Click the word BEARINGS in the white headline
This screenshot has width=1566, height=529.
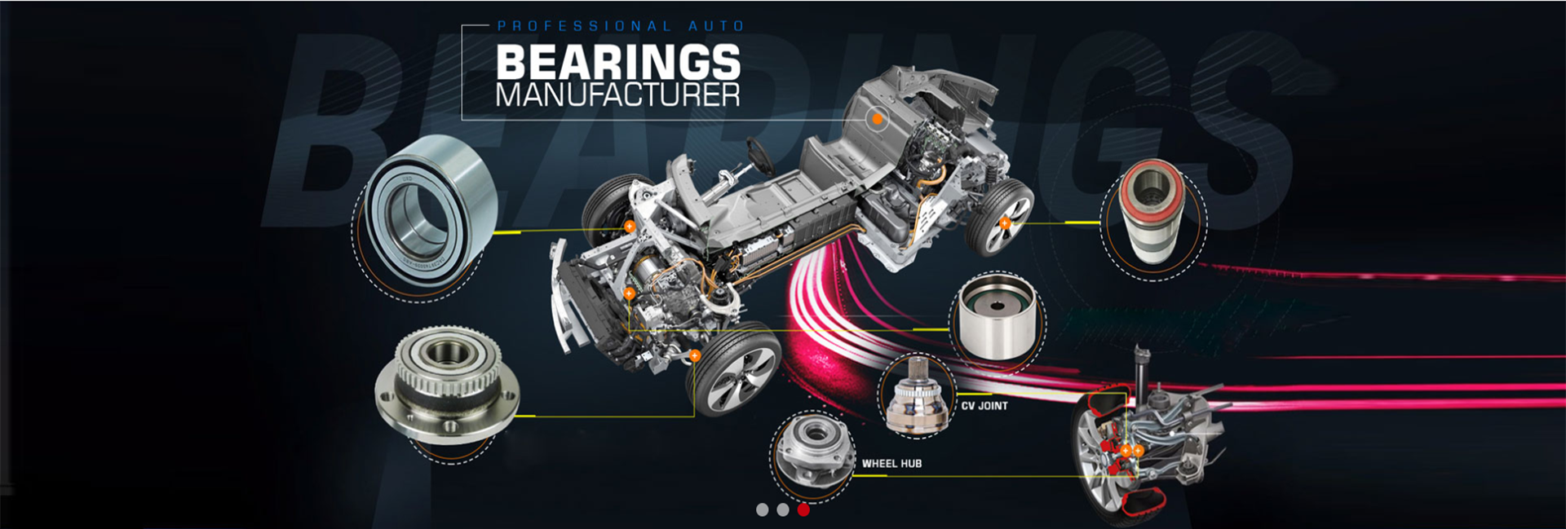tap(617, 62)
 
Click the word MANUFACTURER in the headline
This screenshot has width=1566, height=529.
tap(617, 95)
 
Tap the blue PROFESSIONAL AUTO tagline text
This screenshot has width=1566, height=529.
tap(621, 26)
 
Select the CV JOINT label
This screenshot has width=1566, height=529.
tap(984, 406)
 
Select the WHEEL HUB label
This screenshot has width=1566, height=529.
tap(891, 464)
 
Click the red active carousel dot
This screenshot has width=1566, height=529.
tap(803, 510)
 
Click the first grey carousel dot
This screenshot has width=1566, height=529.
tap(762, 510)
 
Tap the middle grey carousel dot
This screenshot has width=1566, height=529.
tap(783, 510)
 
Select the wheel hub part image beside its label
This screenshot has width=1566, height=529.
tap(812, 454)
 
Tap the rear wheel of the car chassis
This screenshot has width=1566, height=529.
tap(1000, 216)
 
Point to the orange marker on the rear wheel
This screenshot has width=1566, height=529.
tap(1005, 223)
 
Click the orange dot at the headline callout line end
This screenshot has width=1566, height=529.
tap(877, 119)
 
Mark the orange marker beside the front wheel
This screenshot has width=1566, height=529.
tap(694, 355)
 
